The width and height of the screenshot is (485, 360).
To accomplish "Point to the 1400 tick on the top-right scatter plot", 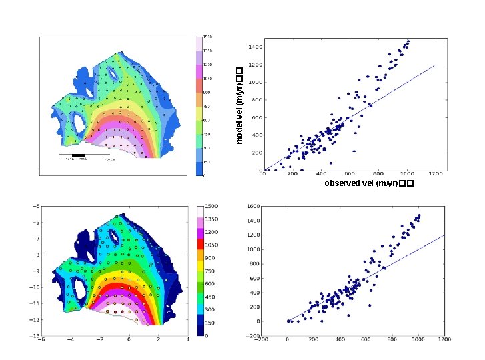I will [255, 47].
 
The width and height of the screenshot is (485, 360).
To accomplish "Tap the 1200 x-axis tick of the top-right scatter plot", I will [435, 175].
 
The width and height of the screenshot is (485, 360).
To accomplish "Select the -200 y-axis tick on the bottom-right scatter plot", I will [254, 336].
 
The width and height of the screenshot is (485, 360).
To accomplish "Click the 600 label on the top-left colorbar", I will [207, 120].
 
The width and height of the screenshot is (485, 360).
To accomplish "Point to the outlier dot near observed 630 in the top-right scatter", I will [354, 151].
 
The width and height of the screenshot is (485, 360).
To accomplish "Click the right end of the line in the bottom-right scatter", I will [443, 235].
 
